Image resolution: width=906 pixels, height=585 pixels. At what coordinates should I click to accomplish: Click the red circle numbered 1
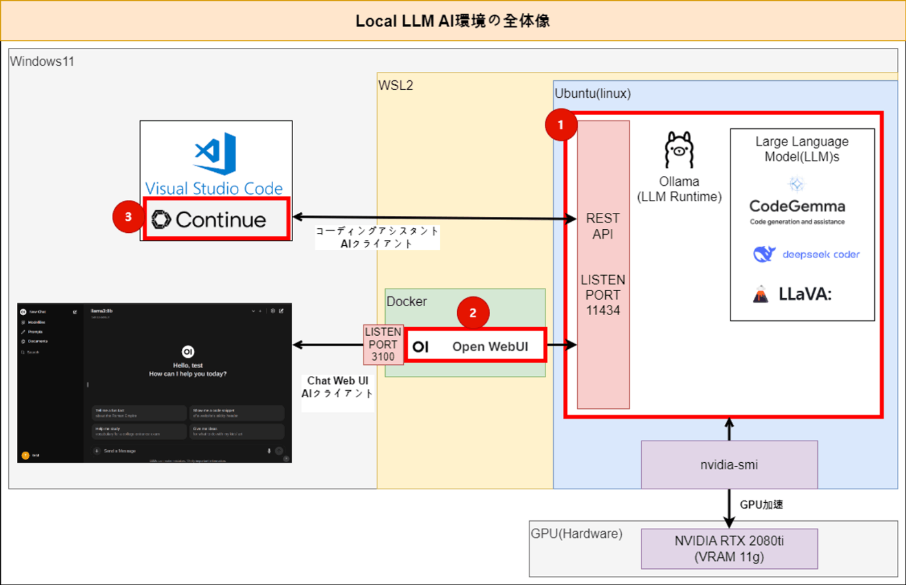pyautogui.click(x=560, y=125)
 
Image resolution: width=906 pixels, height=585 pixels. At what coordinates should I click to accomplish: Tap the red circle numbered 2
pyautogui.click(x=472, y=313)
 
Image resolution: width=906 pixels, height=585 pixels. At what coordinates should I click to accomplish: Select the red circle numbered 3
pyautogui.click(x=128, y=217)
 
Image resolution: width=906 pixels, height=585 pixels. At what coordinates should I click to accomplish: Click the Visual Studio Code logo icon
pyautogui.click(x=215, y=153)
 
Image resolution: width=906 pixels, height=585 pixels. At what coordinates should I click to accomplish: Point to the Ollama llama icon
pyautogui.click(x=679, y=150)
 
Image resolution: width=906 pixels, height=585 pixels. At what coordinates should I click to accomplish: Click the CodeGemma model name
pyautogui.click(x=797, y=206)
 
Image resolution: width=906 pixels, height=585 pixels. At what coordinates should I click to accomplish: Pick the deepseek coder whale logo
pyautogui.click(x=764, y=254)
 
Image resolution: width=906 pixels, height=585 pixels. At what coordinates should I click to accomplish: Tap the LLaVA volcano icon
pyautogui.click(x=761, y=294)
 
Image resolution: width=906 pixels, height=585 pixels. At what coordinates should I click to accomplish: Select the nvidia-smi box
pyautogui.click(x=729, y=465)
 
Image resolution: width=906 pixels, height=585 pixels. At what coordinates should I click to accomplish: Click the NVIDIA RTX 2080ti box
pyautogui.click(x=729, y=548)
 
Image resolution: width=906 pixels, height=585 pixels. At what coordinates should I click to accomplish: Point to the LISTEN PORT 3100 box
pyautogui.click(x=383, y=344)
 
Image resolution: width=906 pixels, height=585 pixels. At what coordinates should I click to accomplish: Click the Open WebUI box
pyautogui.click(x=476, y=346)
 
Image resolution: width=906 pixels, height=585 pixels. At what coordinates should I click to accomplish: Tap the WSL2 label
pyautogui.click(x=395, y=85)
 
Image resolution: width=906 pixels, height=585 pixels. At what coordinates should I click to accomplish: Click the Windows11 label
pyautogui.click(x=42, y=61)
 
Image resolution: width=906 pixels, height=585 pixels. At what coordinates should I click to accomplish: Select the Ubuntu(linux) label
pyautogui.click(x=592, y=93)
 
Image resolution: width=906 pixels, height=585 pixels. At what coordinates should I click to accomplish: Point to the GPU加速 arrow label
pyautogui.click(x=761, y=505)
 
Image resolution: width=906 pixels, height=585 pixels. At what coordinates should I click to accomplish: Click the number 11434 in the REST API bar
pyautogui.click(x=602, y=311)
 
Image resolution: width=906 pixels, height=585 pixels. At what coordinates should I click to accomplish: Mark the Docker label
pyautogui.click(x=406, y=302)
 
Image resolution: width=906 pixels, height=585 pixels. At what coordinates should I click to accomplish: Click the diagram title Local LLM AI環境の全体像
pyautogui.click(x=452, y=21)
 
